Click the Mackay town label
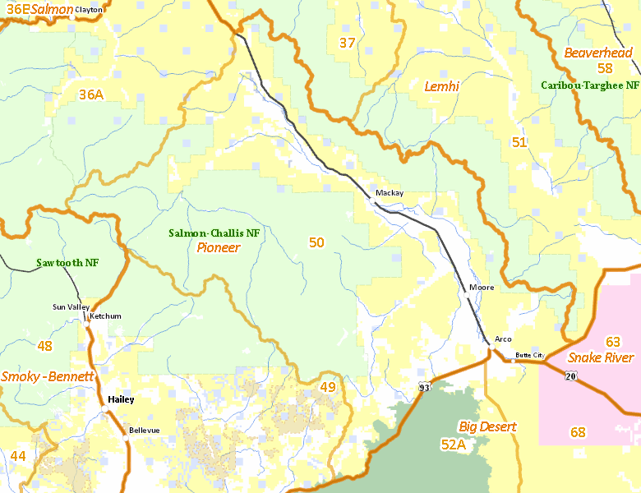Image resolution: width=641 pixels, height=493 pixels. coord(390,193)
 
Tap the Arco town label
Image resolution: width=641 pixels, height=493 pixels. coord(503,339)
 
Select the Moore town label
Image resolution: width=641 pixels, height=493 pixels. coord(482,288)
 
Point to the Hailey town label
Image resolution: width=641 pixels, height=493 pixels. coord(120,399)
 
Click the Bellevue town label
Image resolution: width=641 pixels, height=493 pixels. coord(144,431)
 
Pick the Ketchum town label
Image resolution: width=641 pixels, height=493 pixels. coord(105,316)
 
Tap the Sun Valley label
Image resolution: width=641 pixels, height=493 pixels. coord(71,306)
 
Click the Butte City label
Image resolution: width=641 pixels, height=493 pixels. coord(529,355)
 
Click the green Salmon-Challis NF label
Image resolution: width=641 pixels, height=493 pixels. coord(214,233)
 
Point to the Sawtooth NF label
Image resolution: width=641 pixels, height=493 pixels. coord(67,263)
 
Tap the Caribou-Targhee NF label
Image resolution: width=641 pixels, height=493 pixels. coord(590,85)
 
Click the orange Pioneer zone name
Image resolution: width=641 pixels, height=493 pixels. coord(219,247)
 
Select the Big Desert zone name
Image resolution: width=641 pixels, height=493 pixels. coord(487,426)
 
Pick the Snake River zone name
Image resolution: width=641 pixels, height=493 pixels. coord(601,357)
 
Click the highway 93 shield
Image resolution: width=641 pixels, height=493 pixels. coord(424,387)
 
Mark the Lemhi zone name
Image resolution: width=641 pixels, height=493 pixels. coord(441,86)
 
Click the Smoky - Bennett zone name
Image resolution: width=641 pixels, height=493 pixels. coord(48,376)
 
